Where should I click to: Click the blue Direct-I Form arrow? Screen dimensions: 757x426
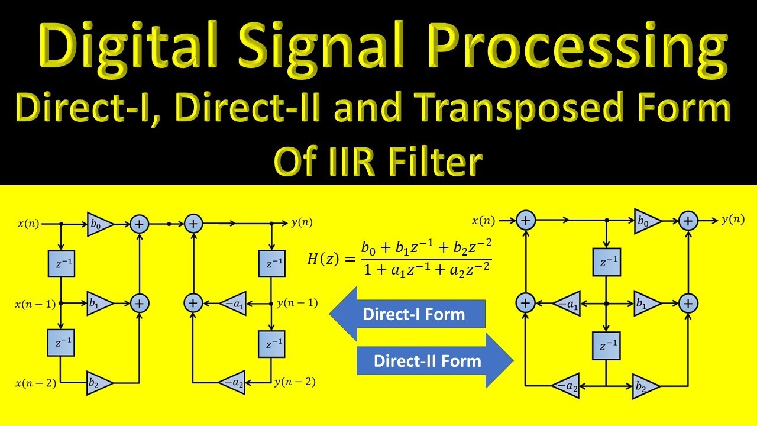click(408, 314)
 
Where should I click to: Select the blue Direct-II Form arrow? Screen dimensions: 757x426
click(435, 360)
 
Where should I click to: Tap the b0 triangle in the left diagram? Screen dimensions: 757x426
click(99, 224)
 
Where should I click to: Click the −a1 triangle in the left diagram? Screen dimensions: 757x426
click(232, 303)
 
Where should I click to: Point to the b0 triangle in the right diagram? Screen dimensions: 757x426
click(646, 220)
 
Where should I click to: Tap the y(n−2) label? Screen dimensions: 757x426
click(295, 382)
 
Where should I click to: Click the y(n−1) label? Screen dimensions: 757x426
click(297, 303)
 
